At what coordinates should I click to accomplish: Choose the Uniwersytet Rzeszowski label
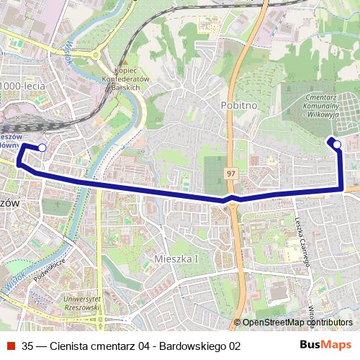pyautogui.click(x=82, y=302)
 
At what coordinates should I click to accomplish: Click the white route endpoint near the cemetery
pyautogui.click(x=337, y=145)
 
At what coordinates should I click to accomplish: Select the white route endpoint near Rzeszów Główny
pyautogui.click(x=42, y=148)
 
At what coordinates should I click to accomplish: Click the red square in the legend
pyautogui.click(x=9, y=346)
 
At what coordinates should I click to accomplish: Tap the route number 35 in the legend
pyautogui.click(x=27, y=346)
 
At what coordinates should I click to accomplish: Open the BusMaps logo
pyautogui.click(x=325, y=345)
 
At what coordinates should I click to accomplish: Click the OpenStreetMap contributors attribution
pyautogui.click(x=297, y=323)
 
